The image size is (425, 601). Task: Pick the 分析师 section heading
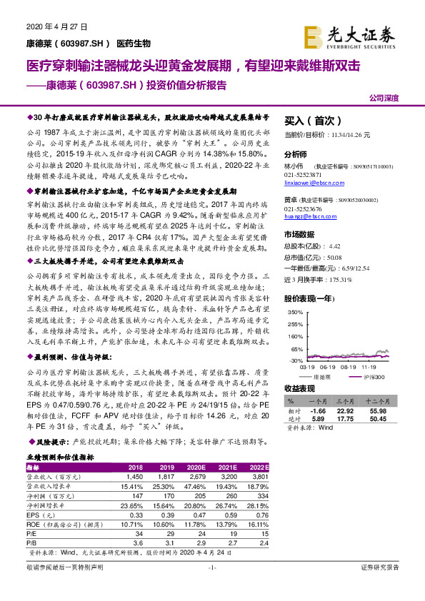(295, 154)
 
